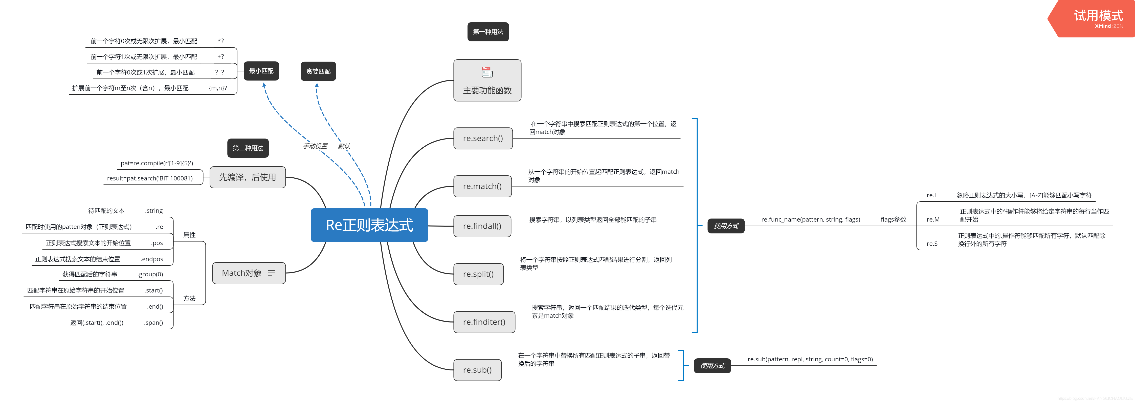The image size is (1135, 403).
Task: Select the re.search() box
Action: coord(483,138)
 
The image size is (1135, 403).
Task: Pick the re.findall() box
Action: coord(482,226)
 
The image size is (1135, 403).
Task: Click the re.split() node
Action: coord(478,274)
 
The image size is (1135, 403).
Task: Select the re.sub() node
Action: coord(477,369)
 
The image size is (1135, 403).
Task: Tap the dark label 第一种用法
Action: coord(488,32)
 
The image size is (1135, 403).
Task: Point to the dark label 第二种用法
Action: coord(248,148)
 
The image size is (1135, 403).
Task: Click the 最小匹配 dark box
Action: coord(261,71)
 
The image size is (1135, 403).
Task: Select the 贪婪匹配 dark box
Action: coord(318,71)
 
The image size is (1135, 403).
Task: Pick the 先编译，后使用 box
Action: coord(248,177)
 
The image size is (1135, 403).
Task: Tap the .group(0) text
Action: coord(150,274)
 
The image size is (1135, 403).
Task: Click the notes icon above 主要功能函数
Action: coord(487,72)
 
